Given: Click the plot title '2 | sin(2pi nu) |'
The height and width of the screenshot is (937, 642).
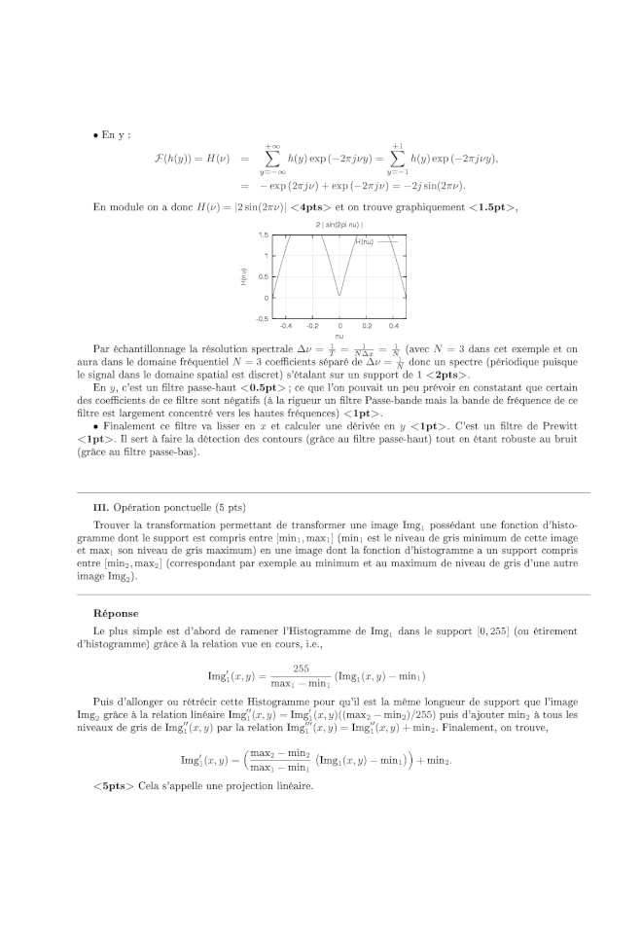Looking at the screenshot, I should click(x=339, y=225).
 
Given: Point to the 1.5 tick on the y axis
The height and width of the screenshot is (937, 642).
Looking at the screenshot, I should click(x=264, y=235).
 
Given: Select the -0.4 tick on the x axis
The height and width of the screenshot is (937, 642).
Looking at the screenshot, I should click(x=285, y=327).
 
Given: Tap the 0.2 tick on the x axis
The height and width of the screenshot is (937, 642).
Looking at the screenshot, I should click(x=367, y=327).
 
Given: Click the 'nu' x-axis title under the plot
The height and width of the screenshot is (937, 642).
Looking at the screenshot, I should click(x=339, y=336).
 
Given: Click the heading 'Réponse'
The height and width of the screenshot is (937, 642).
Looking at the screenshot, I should click(x=115, y=614).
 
